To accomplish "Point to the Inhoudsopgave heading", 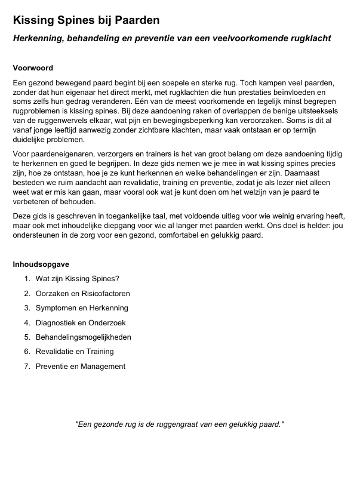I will (41, 264).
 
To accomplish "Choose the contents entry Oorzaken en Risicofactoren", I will (82, 294).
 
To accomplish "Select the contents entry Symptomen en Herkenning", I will (82, 308).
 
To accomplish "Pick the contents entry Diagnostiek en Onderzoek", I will (81, 323).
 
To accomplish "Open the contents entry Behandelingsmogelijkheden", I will (83, 337).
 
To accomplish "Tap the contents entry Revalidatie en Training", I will (75, 352).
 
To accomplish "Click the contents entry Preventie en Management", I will (81, 367).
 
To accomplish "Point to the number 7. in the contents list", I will (27, 367).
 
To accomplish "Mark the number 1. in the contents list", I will (27, 279).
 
